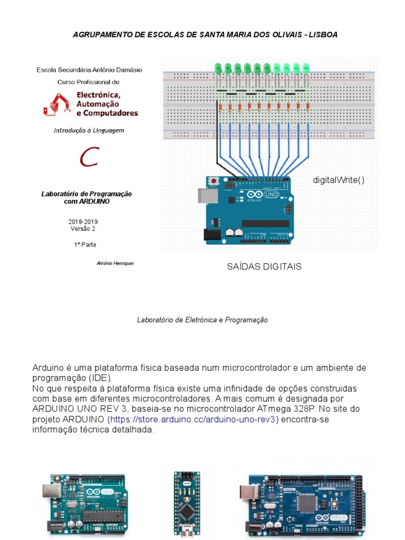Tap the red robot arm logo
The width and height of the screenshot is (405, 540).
pyautogui.click(x=57, y=104)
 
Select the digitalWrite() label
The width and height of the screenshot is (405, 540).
pyautogui.click(x=339, y=180)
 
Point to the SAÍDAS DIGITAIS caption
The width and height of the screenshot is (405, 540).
pyautogui.click(x=264, y=267)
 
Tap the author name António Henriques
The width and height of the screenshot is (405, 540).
pyautogui.click(x=115, y=263)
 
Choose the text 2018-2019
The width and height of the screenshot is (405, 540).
pyautogui.click(x=83, y=222)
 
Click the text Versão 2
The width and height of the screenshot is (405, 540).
pyautogui.click(x=83, y=229)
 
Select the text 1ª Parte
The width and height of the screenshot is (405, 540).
pyautogui.click(x=85, y=245)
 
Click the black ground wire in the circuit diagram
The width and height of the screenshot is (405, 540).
pyautogui.click(x=217, y=153)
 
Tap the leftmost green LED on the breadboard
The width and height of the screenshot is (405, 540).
pyautogui.click(x=218, y=68)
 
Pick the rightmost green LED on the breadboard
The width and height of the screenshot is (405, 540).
pyautogui.click(x=306, y=68)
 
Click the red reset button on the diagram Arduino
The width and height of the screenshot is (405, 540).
pyautogui.click(x=214, y=181)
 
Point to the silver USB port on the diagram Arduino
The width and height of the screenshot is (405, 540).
pyautogui.click(x=205, y=195)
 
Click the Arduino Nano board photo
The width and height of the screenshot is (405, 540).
pyautogui.click(x=187, y=504)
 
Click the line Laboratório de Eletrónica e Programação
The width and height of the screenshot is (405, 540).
pyautogui.click(x=202, y=320)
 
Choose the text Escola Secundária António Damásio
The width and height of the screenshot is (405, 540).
pyautogui.click(x=89, y=70)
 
